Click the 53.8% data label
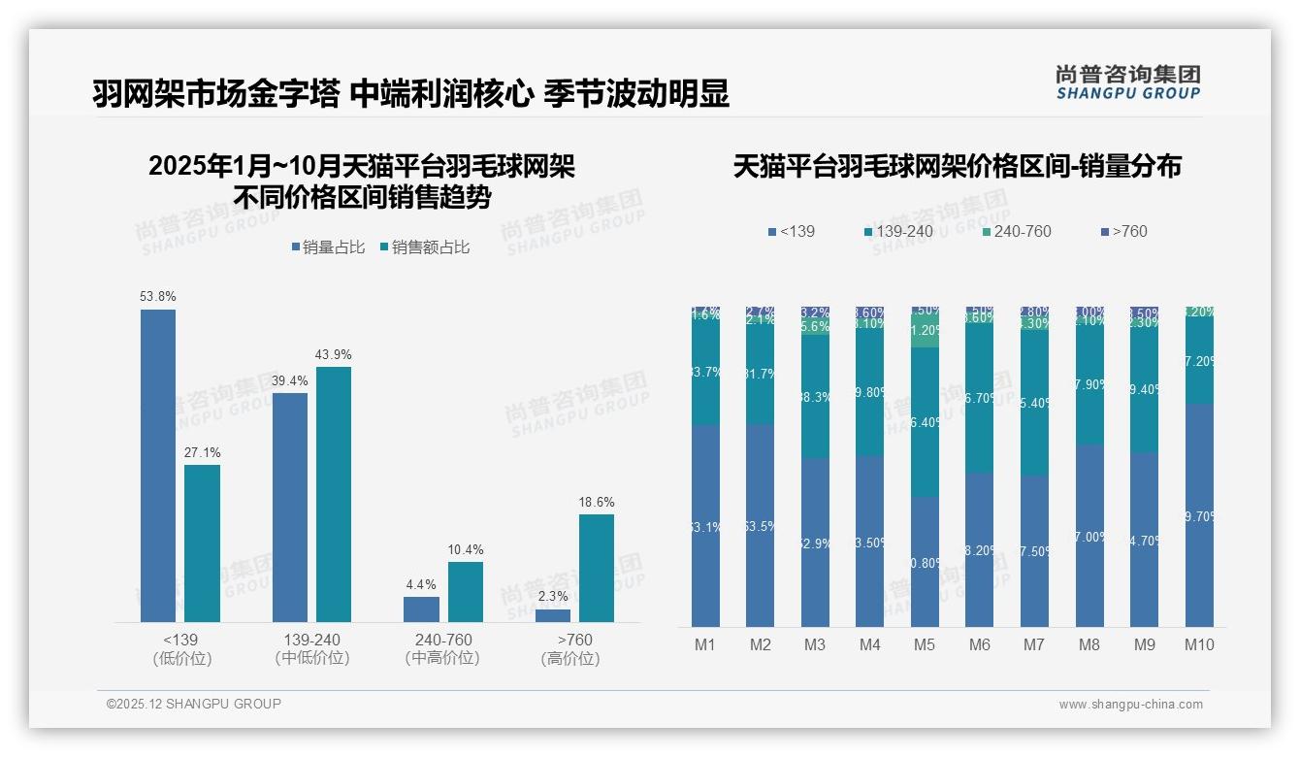point(158,296)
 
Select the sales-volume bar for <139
point(158,466)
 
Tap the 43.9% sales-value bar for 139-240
point(334,494)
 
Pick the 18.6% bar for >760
point(597,568)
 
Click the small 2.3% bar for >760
point(553,615)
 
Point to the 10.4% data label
point(466,550)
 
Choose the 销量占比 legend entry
point(328,247)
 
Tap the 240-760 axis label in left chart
point(443,640)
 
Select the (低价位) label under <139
point(181,658)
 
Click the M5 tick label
point(925,644)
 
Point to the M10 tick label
point(1199,644)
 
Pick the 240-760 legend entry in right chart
point(1017,231)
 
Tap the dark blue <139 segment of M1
point(705,525)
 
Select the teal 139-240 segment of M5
point(925,422)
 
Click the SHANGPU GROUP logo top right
point(1127,82)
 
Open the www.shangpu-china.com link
point(1130,705)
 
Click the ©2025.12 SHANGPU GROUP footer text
point(194,704)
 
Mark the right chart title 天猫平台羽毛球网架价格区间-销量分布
point(957,166)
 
